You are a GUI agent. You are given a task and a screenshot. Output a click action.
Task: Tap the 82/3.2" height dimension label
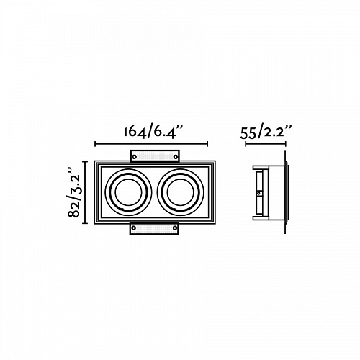coord(74,192)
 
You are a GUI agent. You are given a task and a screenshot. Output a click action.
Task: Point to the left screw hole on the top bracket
coord(135,157)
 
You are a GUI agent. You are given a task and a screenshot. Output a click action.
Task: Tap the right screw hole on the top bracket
coord(176,157)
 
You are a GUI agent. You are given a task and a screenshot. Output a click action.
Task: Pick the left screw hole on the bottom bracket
coord(134,228)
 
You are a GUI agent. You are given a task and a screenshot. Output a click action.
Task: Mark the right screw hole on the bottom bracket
coord(175,228)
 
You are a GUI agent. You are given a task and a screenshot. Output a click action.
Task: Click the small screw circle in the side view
coord(258,193)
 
